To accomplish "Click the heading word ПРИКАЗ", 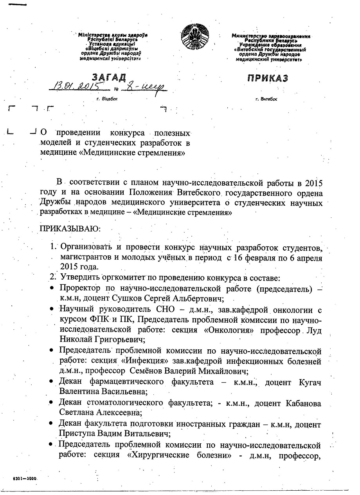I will click(268, 78).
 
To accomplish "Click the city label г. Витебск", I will click(266, 99).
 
